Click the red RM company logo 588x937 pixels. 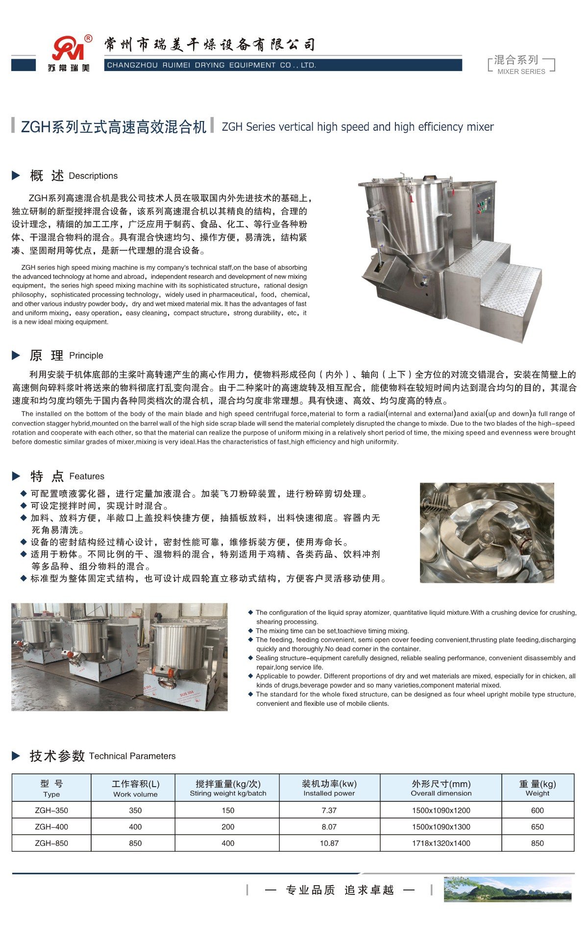pos(69,49)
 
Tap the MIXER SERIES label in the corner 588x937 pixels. pos(521,71)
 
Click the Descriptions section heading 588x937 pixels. pos(93,176)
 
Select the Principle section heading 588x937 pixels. pos(86,356)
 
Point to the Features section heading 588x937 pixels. pos(87,476)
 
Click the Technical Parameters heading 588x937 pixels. pos(132,756)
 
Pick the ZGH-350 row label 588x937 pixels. pos(51,810)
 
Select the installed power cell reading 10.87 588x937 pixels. pos(329,843)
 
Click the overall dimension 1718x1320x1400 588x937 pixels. pos(441,843)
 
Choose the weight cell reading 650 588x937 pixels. pos(537,827)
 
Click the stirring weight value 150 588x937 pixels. pos(228,810)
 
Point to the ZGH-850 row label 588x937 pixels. pos(51,843)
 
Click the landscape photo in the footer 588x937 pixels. pos(507,889)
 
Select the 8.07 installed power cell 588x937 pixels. pos(329,827)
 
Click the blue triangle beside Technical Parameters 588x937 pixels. pos(16,756)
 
